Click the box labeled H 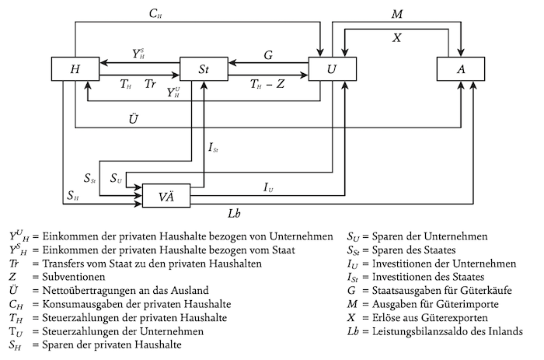(74, 68)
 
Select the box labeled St (204, 68)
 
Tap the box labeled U (332, 68)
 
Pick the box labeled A (460, 68)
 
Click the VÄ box (166, 195)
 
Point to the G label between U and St (268, 55)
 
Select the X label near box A (397, 36)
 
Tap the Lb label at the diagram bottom (234, 212)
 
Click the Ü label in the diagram (134, 118)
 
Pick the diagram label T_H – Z (267, 83)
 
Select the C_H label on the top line (155, 14)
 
